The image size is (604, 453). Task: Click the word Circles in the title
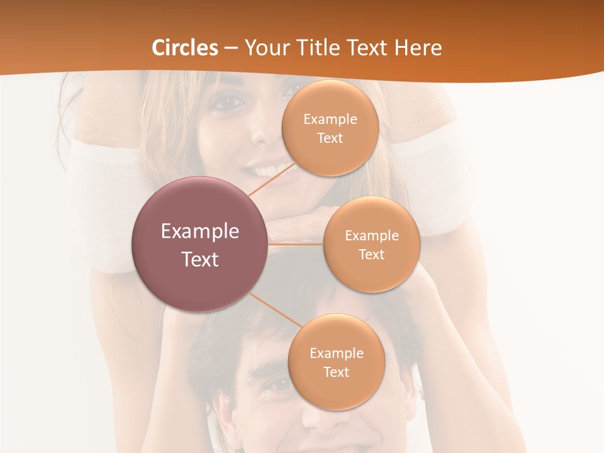tap(184, 48)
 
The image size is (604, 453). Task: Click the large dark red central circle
tap(199, 245)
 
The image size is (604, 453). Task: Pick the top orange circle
tap(330, 128)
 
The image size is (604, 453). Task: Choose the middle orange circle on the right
tap(371, 244)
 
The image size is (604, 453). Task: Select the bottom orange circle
tap(336, 362)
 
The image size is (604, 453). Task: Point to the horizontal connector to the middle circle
tap(295, 244)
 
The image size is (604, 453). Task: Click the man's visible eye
tap(277, 383)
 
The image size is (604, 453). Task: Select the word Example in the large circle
tap(199, 232)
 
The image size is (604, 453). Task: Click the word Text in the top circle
tap(330, 138)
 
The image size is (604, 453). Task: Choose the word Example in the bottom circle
tap(336, 353)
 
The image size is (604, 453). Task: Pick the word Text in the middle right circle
tap(371, 254)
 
